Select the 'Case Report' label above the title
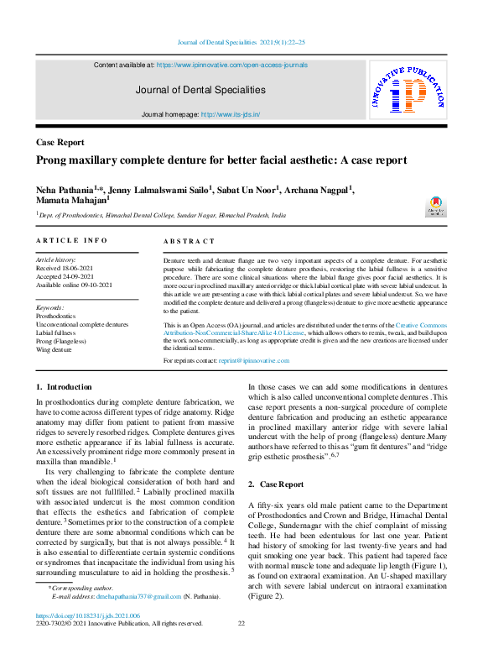point(60,143)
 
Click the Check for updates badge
point(435,207)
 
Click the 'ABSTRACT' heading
point(190,241)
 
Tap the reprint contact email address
point(277,360)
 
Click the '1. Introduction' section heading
point(64,386)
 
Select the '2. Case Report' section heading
point(276,484)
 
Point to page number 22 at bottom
point(241,623)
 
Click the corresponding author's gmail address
point(139,596)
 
